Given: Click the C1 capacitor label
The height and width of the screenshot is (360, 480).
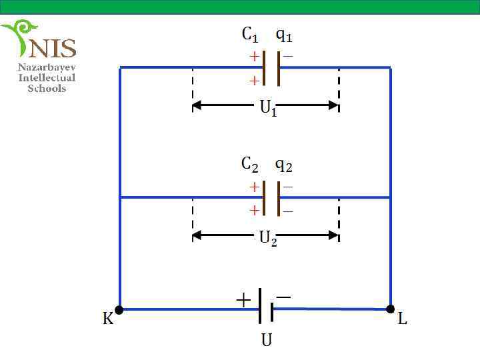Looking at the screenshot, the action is point(250,35).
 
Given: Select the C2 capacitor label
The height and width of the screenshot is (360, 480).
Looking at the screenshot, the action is point(250,164).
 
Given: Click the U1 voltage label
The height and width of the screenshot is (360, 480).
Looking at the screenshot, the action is point(268,108).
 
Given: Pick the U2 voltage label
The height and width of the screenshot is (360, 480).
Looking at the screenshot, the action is point(268,239).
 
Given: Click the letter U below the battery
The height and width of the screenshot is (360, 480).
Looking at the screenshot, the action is point(266,340).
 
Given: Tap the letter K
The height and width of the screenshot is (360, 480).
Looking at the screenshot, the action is point(107,320).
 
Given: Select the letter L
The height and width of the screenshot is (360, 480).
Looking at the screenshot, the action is point(402,320).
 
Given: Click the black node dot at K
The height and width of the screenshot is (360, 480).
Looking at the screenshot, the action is point(119,309).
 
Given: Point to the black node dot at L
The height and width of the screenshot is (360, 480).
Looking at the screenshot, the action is point(391,309).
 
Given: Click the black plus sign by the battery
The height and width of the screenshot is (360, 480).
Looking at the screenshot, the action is point(244,301).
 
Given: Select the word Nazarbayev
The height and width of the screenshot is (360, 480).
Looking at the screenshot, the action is point(47,67).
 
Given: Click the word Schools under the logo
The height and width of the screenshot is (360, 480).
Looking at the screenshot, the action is point(47,88).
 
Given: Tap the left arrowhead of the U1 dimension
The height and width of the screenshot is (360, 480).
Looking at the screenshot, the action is point(197,105).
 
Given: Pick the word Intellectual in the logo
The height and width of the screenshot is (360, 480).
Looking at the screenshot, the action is point(47,77).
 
